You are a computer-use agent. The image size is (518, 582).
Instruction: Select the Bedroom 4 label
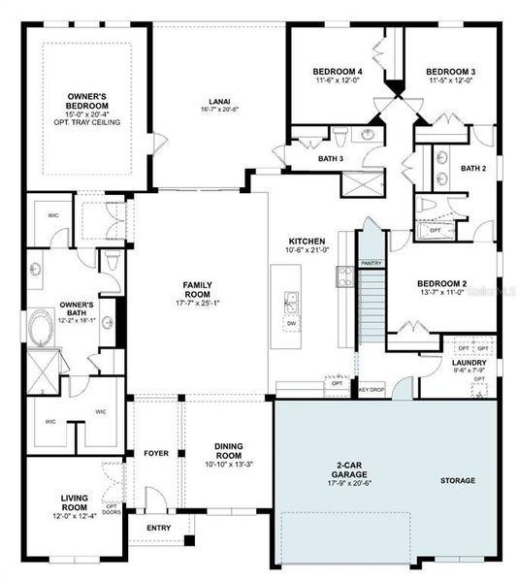point(338,72)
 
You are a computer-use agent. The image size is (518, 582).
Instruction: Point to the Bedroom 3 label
point(450,72)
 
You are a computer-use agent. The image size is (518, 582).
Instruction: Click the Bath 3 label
point(331,159)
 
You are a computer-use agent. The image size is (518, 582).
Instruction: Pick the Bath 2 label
point(472,169)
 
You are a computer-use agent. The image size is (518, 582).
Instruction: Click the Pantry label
point(371,263)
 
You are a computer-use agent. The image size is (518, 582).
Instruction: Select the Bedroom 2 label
point(442,283)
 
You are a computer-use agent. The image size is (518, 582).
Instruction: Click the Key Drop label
point(372,389)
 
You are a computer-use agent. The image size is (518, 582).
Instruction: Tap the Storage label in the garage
point(457,480)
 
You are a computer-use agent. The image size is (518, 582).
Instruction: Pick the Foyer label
point(156,451)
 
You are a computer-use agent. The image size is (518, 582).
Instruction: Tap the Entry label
point(159,528)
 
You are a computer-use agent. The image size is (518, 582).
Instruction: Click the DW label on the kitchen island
point(291,322)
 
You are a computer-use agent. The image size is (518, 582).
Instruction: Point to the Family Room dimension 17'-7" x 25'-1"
point(197,301)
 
